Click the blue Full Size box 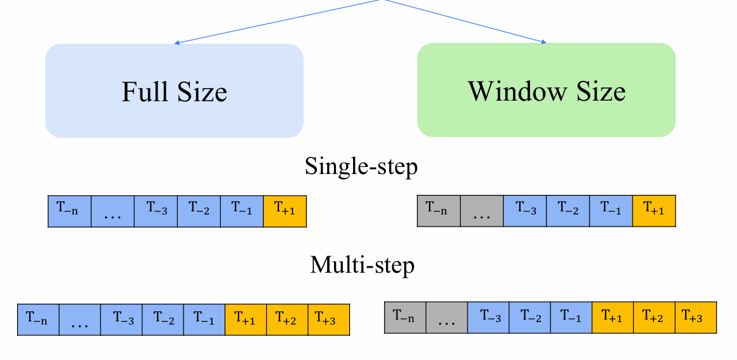click(x=175, y=90)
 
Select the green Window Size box click(x=546, y=90)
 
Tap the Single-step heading click(x=361, y=166)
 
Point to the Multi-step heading click(x=362, y=265)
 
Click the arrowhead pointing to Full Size click(x=177, y=43)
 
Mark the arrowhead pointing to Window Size click(x=544, y=42)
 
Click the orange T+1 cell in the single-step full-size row click(x=285, y=211)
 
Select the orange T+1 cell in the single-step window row click(x=653, y=211)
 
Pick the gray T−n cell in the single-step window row click(x=438, y=211)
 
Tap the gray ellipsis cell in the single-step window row click(x=482, y=211)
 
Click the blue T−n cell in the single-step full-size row click(x=70, y=211)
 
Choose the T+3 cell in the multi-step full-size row click(x=328, y=320)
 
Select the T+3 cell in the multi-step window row click(x=696, y=317)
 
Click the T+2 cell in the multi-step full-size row click(x=287, y=320)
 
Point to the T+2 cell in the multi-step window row click(x=654, y=317)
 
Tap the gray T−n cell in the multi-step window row click(x=405, y=317)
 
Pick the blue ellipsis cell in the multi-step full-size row click(x=80, y=320)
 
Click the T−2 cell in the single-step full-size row click(x=199, y=211)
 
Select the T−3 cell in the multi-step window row click(x=488, y=317)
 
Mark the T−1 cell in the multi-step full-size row click(x=204, y=320)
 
